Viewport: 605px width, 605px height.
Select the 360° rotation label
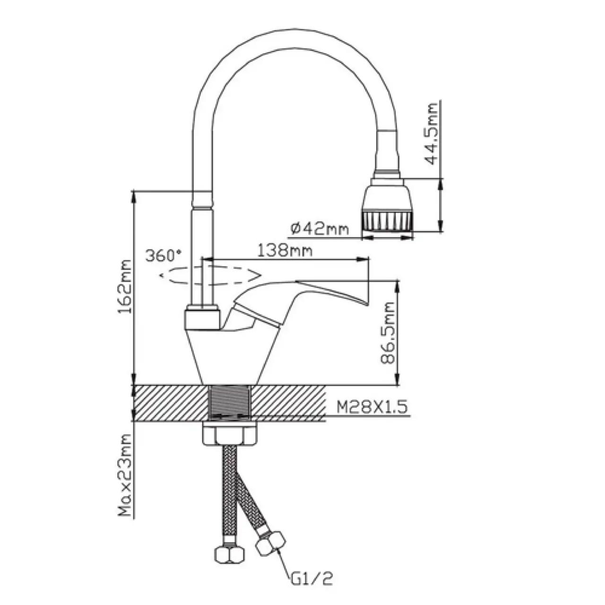[163, 256]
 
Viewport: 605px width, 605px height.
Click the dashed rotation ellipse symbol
[210, 275]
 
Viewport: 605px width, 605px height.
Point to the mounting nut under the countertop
[230, 434]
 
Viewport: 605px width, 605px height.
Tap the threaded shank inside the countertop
[230, 402]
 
